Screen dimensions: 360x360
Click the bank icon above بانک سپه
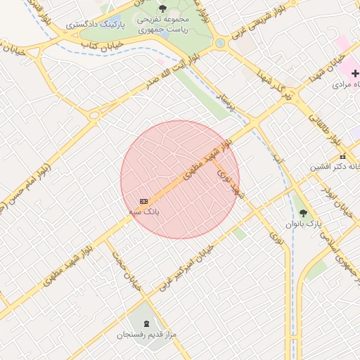click(143, 201)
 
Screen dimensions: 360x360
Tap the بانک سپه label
click(143, 211)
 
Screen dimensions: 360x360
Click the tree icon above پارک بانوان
click(303, 212)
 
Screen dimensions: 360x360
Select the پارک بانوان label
click(304, 223)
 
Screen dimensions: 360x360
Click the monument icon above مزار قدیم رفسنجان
click(146, 323)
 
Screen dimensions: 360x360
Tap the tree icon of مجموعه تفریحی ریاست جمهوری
click(162, 8)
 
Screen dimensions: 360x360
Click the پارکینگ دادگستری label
click(96, 24)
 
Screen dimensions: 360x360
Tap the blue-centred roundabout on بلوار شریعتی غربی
click(220, 43)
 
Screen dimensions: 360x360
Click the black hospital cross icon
click(355, 73)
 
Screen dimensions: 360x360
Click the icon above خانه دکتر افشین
click(342, 156)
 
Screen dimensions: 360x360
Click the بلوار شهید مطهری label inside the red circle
click(204, 158)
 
